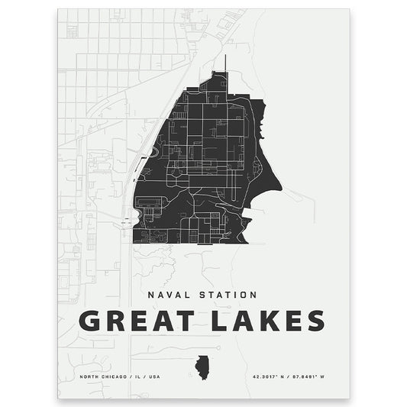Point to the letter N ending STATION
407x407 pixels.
coord(254,293)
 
